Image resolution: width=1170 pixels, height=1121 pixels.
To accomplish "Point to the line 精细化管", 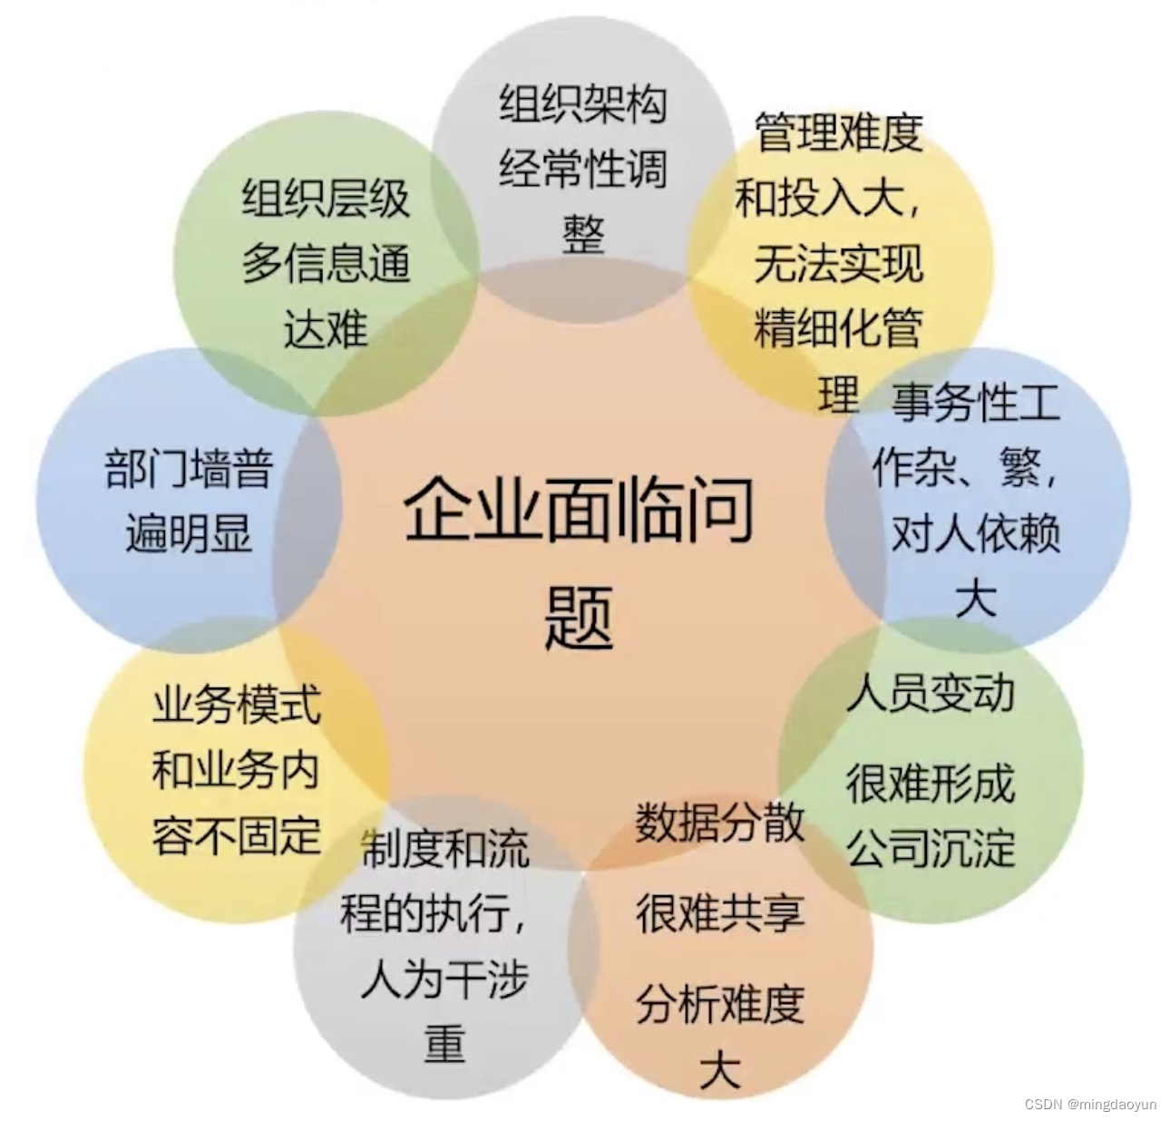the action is (837, 328).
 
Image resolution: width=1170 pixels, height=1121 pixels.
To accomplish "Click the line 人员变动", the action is (930, 693).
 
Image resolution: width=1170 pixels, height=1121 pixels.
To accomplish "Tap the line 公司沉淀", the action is (930, 848).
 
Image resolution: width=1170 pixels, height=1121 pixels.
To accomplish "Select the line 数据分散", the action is (719, 823).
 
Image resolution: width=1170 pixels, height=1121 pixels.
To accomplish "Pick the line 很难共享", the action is (719, 912).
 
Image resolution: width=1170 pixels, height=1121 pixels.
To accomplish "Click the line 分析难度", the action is (719, 1004).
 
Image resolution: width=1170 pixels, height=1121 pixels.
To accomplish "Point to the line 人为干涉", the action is (444, 980).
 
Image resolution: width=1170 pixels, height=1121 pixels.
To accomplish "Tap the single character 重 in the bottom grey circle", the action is (444, 1043).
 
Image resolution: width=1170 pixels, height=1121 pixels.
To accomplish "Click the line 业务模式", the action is (236, 706).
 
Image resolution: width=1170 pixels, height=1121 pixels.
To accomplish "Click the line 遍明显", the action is (189, 533).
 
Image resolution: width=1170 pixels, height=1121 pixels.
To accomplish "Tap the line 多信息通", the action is (326, 263).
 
